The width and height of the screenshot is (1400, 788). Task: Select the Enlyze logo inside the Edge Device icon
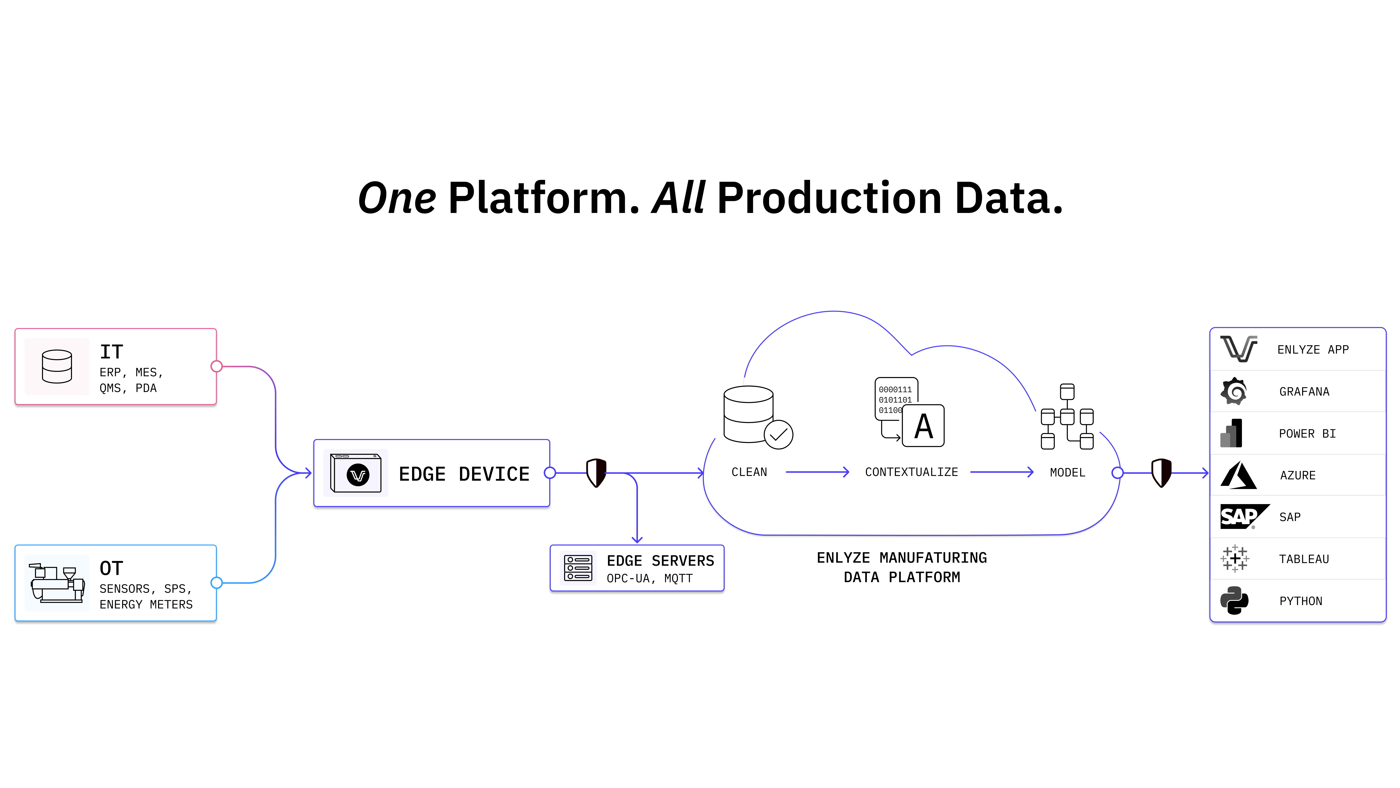tap(358, 475)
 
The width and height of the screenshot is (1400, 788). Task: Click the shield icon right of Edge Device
tap(596, 473)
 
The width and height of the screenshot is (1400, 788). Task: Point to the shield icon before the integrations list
tap(1161, 473)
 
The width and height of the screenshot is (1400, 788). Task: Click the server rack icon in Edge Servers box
tap(578, 568)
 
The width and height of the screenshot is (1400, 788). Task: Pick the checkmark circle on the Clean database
tap(778, 435)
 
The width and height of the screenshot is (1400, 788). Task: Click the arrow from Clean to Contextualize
tap(817, 472)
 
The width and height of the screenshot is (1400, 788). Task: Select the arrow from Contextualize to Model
tap(1002, 472)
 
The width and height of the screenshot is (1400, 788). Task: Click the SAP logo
tap(1245, 517)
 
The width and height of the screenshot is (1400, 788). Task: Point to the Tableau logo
tap(1235, 559)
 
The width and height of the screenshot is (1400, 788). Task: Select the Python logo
tap(1234, 600)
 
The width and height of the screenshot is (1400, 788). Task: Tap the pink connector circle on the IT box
tap(216, 366)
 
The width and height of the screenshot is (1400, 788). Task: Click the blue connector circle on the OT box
tap(216, 583)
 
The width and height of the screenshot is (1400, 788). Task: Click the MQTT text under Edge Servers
tap(678, 579)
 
